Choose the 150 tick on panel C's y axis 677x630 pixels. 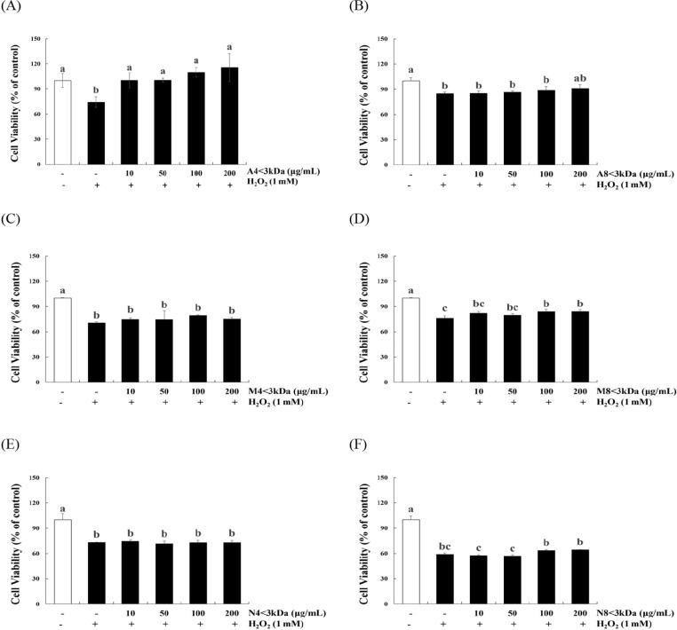pos(36,256)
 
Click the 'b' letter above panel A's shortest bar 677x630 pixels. pos(96,91)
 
